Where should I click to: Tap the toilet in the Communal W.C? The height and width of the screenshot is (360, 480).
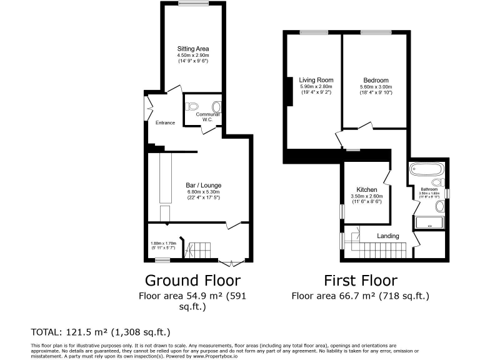click(x=192, y=106)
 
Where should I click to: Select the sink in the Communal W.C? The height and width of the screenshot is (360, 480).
click(x=217, y=106)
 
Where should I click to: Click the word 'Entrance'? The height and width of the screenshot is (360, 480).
click(x=165, y=122)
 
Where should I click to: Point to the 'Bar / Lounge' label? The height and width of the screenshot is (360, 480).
click(x=203, y=185)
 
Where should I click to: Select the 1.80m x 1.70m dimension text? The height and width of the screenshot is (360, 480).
click(x=163, y=243)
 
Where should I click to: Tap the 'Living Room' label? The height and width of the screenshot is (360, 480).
click(x=316, y=80)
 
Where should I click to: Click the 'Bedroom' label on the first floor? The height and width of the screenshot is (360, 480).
click(x=376, y=80)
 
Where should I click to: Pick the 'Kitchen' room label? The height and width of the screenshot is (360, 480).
click(x=366, y=189)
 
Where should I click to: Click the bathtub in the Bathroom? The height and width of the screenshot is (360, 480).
click(x=426, y=169)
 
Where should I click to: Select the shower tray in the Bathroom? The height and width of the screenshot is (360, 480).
click(x=428, y=221)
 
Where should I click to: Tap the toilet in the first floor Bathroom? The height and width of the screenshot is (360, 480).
click(x=438, y=182)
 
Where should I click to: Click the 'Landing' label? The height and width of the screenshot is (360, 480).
click(x=388, y=236)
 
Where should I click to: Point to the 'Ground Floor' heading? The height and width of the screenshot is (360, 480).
click(x=192, y=280)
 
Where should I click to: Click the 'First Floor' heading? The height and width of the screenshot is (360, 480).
click(x=359, y=280)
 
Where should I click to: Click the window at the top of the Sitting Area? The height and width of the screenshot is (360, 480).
click(x=192, y=4)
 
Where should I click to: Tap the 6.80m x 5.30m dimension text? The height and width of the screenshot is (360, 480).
click(x=203, y=192)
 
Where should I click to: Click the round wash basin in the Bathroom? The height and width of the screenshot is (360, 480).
click(x=439, y=206)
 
